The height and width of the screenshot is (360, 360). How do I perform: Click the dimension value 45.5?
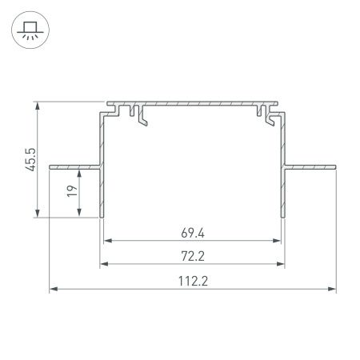30,158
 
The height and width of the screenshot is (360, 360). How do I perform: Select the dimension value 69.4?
193,234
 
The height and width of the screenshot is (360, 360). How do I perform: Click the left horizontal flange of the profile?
74,167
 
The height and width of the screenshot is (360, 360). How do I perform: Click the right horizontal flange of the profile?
310,167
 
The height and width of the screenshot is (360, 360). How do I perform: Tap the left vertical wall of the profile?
101,184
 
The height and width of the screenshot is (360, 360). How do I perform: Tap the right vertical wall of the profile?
283,184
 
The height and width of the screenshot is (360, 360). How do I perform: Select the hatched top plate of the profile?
192,104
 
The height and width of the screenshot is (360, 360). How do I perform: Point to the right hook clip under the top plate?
264,117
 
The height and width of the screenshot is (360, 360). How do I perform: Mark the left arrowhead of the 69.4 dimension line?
107,240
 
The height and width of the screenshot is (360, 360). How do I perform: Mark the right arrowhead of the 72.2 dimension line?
282,266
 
